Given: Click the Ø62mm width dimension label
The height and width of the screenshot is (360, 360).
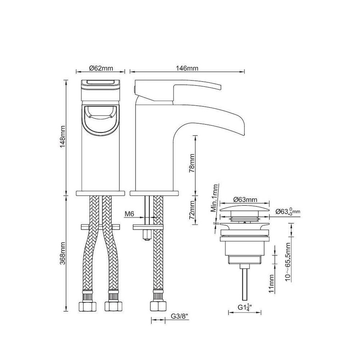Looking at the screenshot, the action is click(101, 68).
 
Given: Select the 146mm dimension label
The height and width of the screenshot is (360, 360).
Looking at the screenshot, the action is click(187, 68).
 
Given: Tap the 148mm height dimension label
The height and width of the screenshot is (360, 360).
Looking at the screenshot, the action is click(63, 137).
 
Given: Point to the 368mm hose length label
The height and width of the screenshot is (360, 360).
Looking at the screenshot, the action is click(63, 253).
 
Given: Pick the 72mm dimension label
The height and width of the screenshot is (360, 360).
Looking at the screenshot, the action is click(192, 209).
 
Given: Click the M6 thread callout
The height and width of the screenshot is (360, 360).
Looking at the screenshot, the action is click(129, 214).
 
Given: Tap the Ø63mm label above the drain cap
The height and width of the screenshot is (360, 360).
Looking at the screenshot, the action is click(245, 200).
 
